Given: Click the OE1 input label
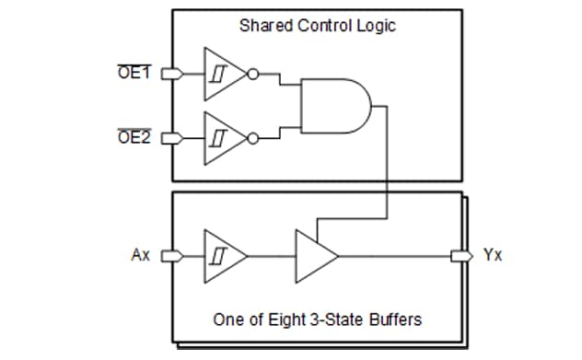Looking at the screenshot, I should (x=135, y=73).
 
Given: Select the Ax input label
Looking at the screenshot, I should (x=140, y=255).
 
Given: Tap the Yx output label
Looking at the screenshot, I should (x=493, y=255).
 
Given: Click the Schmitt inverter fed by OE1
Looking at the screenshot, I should (x=224, y=74).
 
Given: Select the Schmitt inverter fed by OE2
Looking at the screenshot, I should (x=224, y=137).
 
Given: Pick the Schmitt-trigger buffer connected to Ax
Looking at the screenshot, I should (x=224, y=255).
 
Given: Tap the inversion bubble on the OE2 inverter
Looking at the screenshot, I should (x=254, y=137).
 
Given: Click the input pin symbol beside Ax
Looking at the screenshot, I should (x=169, y=255).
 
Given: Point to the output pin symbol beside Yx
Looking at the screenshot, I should (x=458, y=255).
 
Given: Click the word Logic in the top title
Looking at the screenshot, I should (x=377, y=25).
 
